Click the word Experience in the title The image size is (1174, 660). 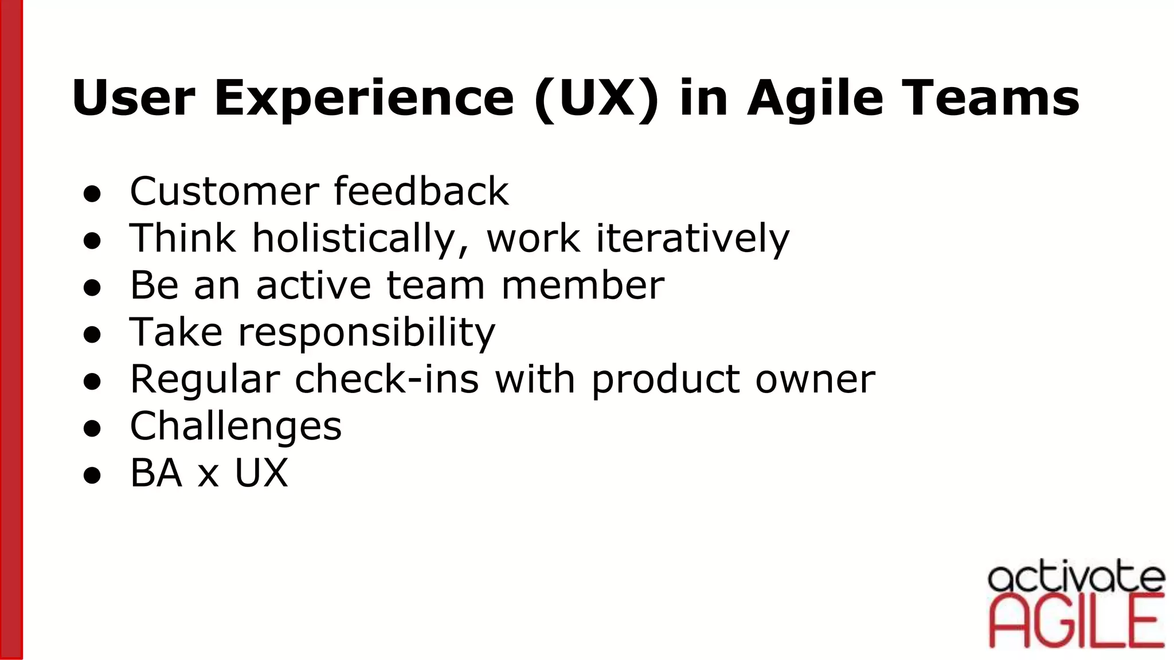(x=364, y=99)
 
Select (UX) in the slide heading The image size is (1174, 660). (x=596, y=99)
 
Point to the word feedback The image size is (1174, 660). (x=421, y=191)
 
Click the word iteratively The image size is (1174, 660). (x=692, y=238)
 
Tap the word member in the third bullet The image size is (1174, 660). (x=582, y=285)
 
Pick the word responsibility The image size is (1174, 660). (x=366, y=333)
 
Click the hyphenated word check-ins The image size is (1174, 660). (x=386, y=379)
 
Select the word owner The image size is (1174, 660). (x=815, y=379)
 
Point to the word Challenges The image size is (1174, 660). (x=236, y=427)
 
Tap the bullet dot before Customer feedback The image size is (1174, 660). (x=92, y=194)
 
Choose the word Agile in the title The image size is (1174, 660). (x=815, y=99)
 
